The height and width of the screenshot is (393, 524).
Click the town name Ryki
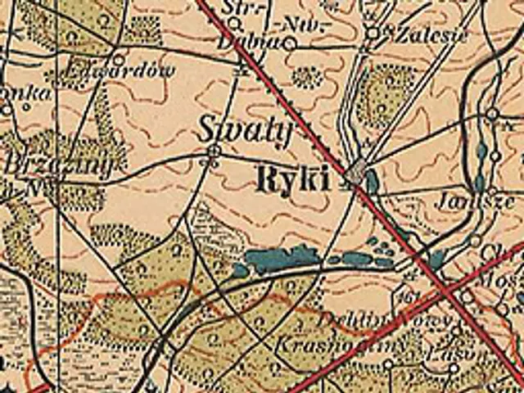coord(294,179)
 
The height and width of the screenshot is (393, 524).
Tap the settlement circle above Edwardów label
coord(119,59)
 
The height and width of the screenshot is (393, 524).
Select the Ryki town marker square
coord(355,173)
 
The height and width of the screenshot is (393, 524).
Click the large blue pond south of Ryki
coord(278,260)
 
